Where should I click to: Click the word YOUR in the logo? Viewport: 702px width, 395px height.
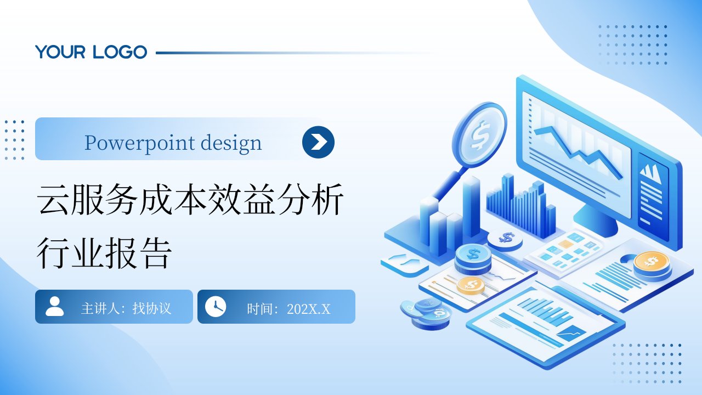[60, 52]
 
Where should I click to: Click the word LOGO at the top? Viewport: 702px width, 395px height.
[120, 52]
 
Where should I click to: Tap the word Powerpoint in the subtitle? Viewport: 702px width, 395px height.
[140, 143]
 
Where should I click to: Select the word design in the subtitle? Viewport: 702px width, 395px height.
[231, 143]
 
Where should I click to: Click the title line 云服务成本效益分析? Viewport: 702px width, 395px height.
[190, 199]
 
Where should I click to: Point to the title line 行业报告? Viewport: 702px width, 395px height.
[104, 253]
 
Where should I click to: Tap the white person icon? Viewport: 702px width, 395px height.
[54, 306]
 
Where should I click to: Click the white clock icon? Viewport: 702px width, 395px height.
[216, 307]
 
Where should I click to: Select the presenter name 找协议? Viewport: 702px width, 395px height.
[152, 308]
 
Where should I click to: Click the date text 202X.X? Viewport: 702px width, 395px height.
[308, 309]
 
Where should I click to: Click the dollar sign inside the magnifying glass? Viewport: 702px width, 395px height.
[480, 136]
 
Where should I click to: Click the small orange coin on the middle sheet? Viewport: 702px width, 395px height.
[471, 286]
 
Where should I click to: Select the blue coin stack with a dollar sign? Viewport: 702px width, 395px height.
[473, 258]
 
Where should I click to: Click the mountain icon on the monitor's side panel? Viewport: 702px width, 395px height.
[651, 173]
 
